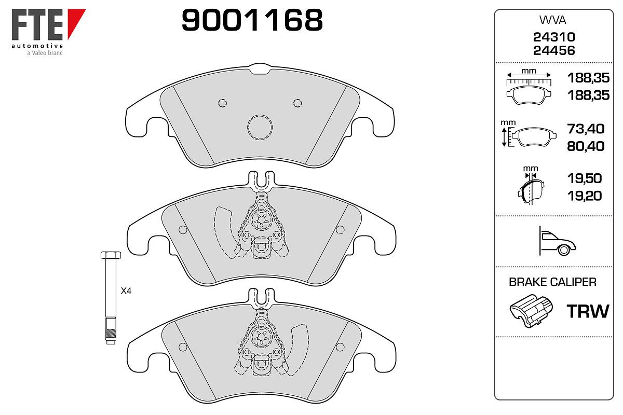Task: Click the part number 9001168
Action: (x=252, y=20)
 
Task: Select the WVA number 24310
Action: (x=554, y=37)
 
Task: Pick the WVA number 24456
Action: (x=554, y=51)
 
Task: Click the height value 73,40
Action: (x=586, y=129)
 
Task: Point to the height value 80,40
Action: (x=586, y=146)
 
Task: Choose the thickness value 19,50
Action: (x=585, y=178)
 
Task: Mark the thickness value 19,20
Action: (x=585, y=196)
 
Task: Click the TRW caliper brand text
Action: (x=588, y=311)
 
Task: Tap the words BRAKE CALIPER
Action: (x=552, y=282)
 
